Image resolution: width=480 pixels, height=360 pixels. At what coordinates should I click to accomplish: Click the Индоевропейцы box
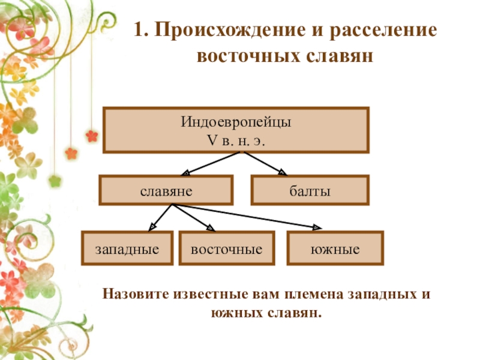point(236,130)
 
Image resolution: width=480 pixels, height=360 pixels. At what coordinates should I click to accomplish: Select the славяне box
point(166,191)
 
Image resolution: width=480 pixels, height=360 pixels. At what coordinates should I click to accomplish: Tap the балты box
point(310,191)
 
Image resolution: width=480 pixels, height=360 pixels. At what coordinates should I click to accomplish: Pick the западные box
point(127,248)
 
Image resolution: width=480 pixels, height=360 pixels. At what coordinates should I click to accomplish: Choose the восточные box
point(227,248)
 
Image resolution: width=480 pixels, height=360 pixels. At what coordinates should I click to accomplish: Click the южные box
point(335,248)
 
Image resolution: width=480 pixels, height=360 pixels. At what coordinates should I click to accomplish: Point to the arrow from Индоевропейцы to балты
point(265,163)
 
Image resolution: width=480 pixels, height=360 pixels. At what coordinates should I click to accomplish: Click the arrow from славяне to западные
point(161,217)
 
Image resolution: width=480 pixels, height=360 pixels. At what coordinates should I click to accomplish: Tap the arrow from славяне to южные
point(246,217)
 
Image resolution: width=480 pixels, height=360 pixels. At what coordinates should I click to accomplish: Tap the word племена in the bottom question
point(311,295)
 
